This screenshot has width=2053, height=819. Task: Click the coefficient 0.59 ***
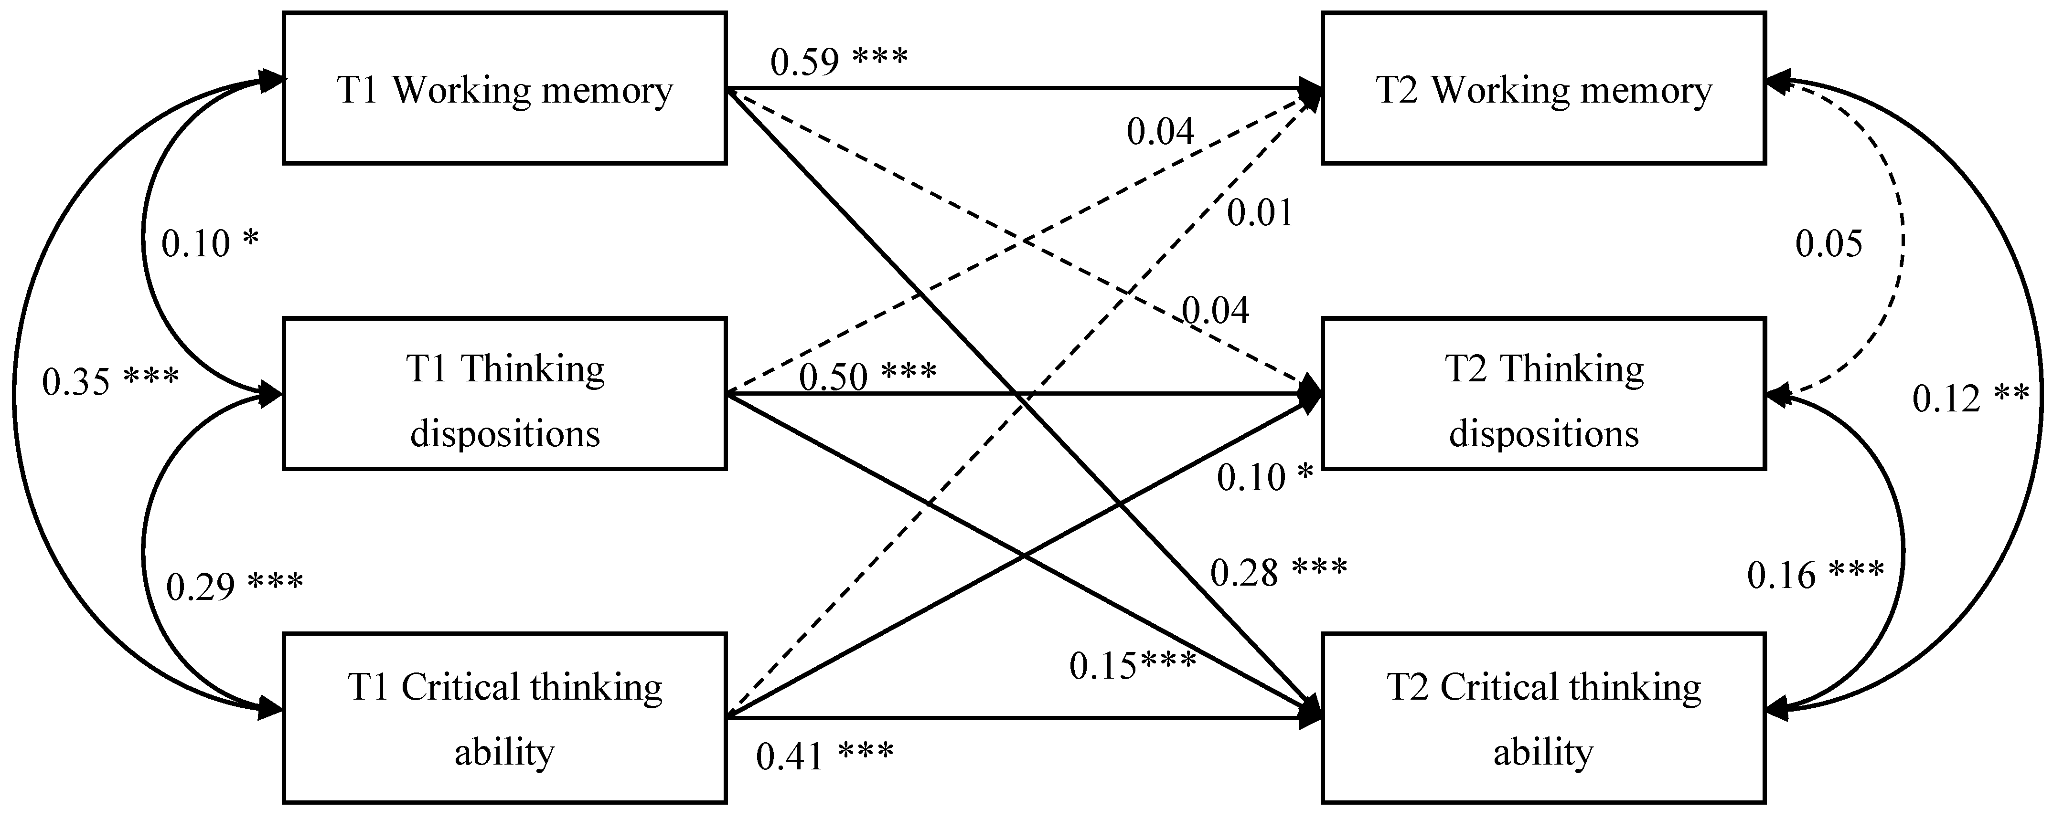coord(838,61)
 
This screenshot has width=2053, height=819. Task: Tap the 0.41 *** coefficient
coord(824,755)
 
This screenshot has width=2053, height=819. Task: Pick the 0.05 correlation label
coord(1828,243)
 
